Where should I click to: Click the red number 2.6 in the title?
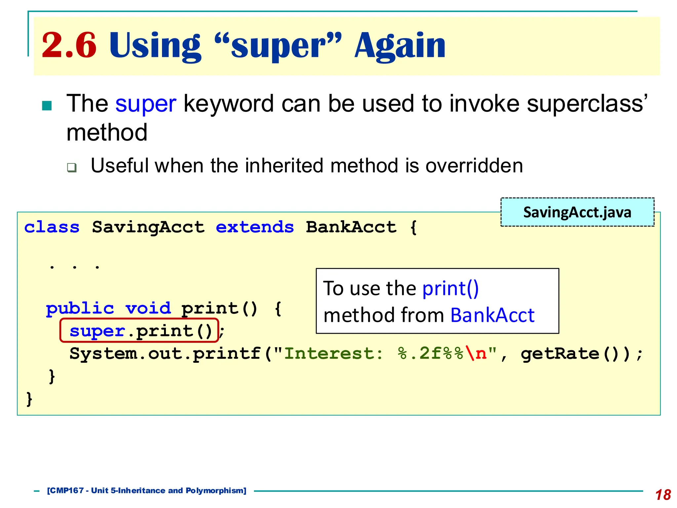69,46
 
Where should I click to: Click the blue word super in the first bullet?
145,104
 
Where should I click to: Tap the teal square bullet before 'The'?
47,106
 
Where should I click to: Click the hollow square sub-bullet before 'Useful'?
71,167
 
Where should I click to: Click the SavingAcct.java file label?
577,212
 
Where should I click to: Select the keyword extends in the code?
255,227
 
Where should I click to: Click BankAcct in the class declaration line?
351,227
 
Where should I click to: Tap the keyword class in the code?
52,227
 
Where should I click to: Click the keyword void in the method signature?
148,309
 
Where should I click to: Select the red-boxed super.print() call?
139,330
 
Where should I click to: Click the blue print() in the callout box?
450,288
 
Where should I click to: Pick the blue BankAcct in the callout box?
492,315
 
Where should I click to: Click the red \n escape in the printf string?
476,354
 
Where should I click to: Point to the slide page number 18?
663,495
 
